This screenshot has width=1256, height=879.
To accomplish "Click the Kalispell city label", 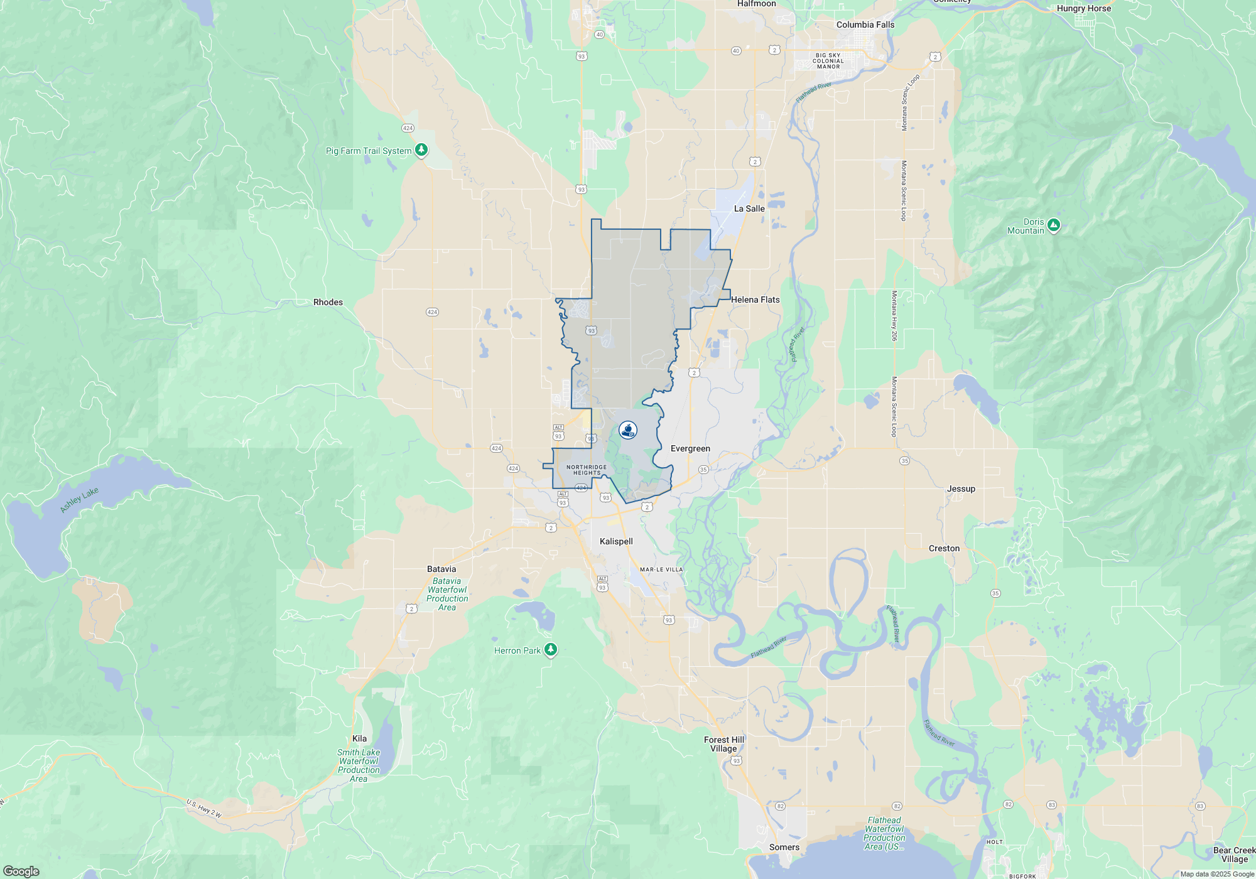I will [616, 541].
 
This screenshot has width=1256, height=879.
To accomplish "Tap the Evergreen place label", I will [690, 448].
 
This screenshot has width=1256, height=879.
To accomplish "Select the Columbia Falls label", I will [865, 24].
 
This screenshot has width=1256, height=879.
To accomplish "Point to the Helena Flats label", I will [755, 299].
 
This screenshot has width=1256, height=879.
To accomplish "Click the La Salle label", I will [749, 208].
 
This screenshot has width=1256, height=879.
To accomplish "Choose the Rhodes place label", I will [328, 302].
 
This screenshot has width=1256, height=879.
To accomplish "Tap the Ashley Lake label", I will [79, 500].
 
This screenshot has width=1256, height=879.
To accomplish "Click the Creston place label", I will [944, 548].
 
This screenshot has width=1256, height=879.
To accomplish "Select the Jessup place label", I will [961, 488].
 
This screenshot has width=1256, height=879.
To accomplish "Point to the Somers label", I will [784, 847].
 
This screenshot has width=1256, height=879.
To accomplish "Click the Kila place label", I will [359, 738].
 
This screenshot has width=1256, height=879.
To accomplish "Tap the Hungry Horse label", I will [1083, 8].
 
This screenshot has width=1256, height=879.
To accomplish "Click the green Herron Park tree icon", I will [551, 649].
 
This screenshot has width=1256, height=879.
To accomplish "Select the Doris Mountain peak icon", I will [1054, 225].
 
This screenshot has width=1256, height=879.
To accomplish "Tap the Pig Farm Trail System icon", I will [421, 150].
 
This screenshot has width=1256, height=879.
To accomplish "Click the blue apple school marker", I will [628, 429].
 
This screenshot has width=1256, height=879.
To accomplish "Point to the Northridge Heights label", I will [587, 470].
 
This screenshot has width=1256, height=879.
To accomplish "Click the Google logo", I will [21, 871].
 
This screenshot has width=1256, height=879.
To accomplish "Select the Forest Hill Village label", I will [723, 744].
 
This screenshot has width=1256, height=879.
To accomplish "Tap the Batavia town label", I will [441, 569].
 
